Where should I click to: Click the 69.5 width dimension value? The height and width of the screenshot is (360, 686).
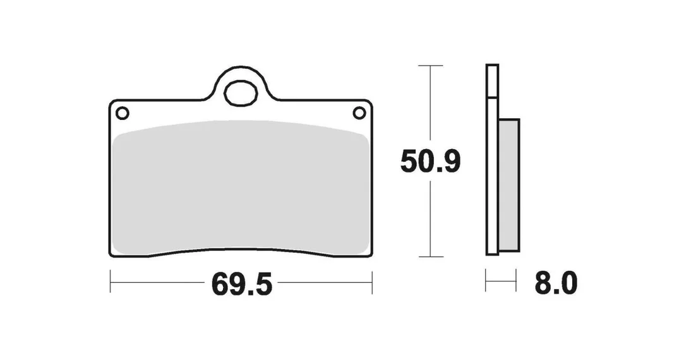tap(242, 284)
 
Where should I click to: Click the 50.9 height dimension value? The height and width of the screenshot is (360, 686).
tap(431, 162)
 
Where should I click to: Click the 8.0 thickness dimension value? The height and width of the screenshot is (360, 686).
tap(556, 283)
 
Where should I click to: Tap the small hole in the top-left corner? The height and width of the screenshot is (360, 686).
tap(123, 113)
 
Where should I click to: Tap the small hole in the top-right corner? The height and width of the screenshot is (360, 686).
tap(359, 113)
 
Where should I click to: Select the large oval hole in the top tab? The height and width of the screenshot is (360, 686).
tap(241, 92)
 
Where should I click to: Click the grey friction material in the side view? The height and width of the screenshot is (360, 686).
tap(508, 185)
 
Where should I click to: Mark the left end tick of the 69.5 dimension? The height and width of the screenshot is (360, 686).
tap(111, 282)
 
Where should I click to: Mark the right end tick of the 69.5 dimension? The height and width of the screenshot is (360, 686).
tap(372, 282)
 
